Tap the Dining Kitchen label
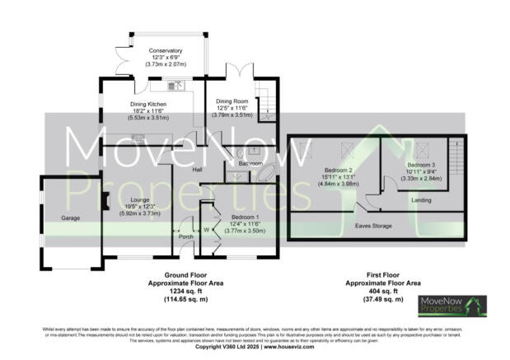pos(149,105)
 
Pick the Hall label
pos(198,170)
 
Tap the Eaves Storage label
pos(373,224)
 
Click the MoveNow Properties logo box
pos(452,306)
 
